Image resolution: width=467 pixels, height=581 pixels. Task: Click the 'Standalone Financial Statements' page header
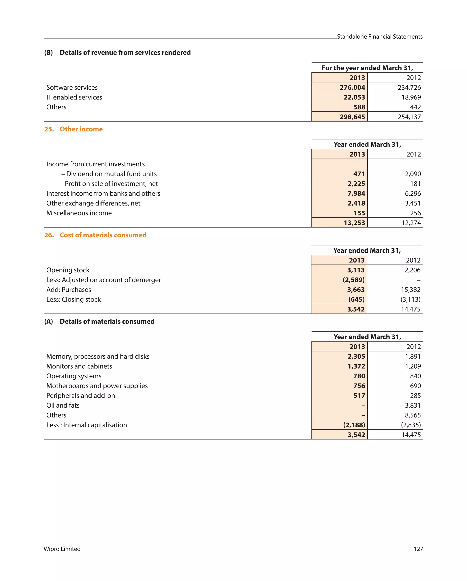pos(379,37)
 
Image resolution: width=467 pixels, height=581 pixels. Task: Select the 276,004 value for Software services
pos(352,88)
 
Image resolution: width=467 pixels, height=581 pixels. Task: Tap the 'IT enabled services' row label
pos(74,97)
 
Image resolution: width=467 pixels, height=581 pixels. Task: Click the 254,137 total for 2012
pos(409,117)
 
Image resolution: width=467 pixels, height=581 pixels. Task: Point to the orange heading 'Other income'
pos(81,129)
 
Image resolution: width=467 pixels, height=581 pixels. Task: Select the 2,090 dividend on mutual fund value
pos(413,174)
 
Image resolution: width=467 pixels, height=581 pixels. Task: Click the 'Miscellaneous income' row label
pos(79,213)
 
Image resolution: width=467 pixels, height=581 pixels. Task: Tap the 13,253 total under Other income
pos(354,223)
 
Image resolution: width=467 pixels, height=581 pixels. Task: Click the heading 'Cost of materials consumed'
pos(103,235)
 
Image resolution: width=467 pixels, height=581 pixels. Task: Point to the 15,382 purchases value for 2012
pos(410,290)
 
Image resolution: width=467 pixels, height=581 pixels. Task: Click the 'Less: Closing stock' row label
pos(73,299)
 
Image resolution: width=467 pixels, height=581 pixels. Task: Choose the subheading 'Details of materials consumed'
pos(107,322)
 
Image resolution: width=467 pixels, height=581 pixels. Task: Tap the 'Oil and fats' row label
pos(63,405)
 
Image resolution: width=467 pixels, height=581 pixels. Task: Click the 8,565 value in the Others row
pos(413,415)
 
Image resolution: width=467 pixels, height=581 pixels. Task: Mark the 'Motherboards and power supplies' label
pos(97,386)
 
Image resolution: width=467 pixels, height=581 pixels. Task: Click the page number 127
pos(418,549)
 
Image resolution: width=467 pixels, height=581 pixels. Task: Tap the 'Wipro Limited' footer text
pos(62,549)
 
